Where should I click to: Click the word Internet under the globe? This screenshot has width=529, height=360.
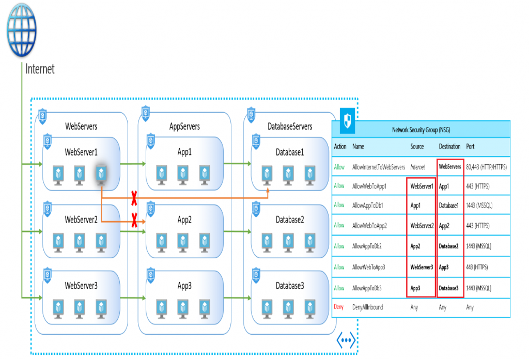[40, 69]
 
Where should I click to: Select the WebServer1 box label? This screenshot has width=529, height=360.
[81, 152]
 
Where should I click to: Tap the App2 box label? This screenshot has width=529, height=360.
[184, 220]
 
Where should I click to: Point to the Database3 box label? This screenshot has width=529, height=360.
[290, 286]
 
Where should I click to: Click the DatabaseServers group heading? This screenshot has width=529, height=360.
[290, 127]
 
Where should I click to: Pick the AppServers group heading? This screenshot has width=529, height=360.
[184, 127]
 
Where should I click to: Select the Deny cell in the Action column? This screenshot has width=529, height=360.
[338, 307]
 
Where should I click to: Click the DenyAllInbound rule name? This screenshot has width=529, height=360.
[367, 307]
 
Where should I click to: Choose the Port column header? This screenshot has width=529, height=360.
[470, 147]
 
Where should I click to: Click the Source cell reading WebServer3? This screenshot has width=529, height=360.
[422, 267]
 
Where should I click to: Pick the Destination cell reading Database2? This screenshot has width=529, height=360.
[449, 246]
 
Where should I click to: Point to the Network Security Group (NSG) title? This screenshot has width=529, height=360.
[421, 130]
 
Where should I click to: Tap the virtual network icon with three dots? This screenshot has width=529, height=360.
[346, 340]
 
